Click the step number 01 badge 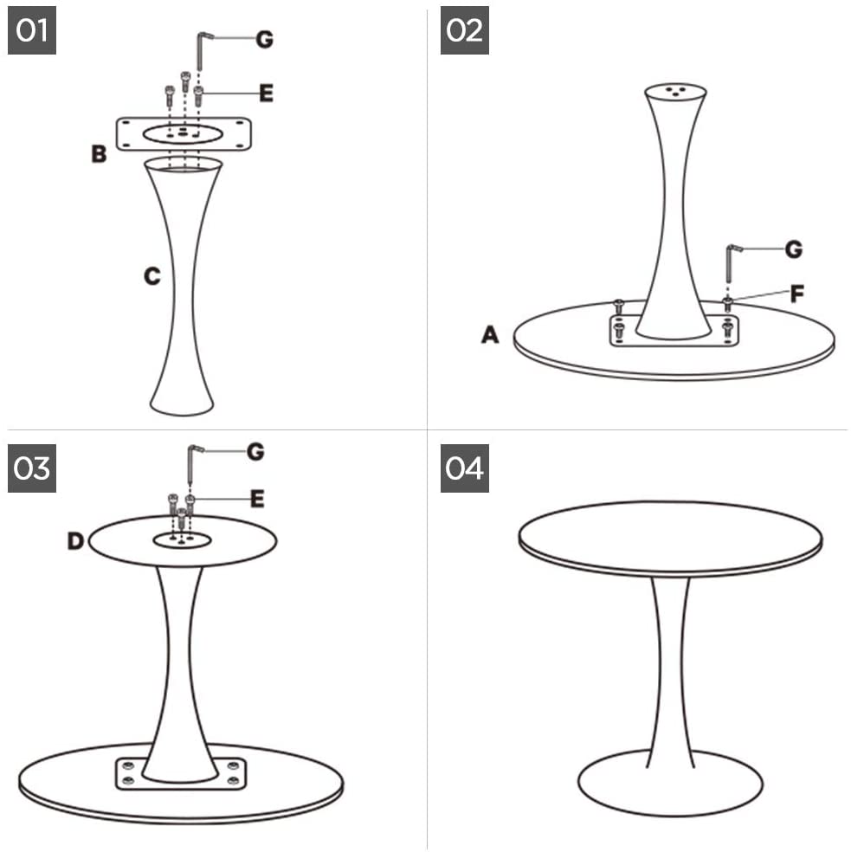(x=31, y=30)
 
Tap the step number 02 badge (x=465, y=30)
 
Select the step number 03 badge (x=31, y=468)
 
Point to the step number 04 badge (x=465, y=468)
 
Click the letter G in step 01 (x=264, y=39)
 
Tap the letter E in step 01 (x=266, y=93)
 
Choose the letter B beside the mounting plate (x=99, y=154)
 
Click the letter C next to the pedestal (x=152, y=276)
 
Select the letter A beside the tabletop (x=490, y=334)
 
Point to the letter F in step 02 (x=796, y=294)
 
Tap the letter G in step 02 (x=794, y=249)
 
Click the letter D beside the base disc (x=75, y=540)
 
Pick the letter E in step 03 (x=257, y=499)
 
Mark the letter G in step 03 (x=255, y=451)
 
